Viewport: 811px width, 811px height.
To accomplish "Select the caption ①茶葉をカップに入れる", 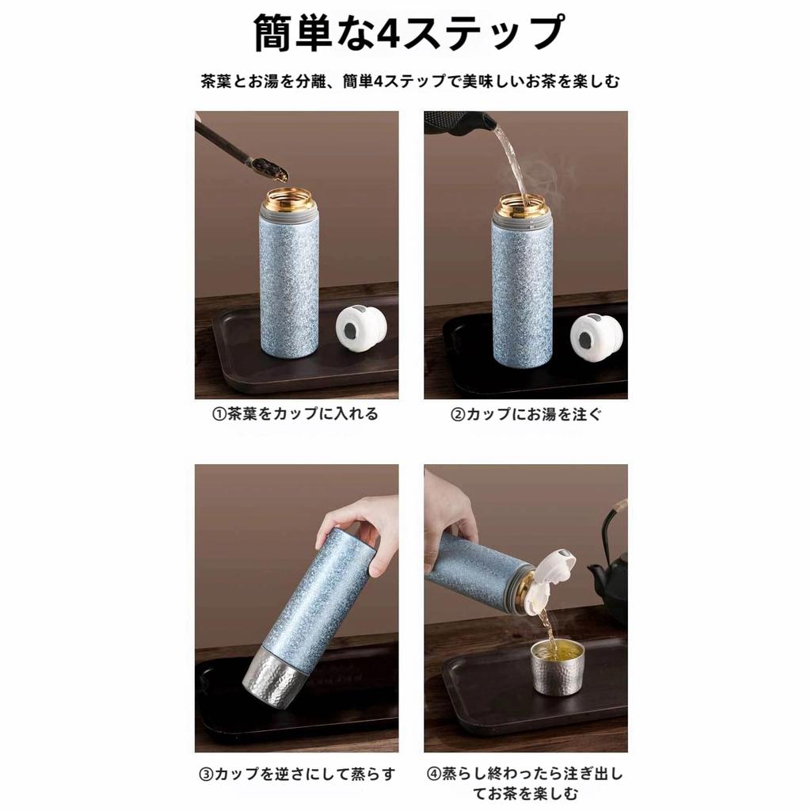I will [295, 413].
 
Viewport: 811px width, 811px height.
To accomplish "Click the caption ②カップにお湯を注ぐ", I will [526, 413].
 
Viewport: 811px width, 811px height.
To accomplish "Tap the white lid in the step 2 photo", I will [596, 333].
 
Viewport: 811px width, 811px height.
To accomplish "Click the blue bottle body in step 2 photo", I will [522, 293].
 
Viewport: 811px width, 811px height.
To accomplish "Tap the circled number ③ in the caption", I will [205, 774].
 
